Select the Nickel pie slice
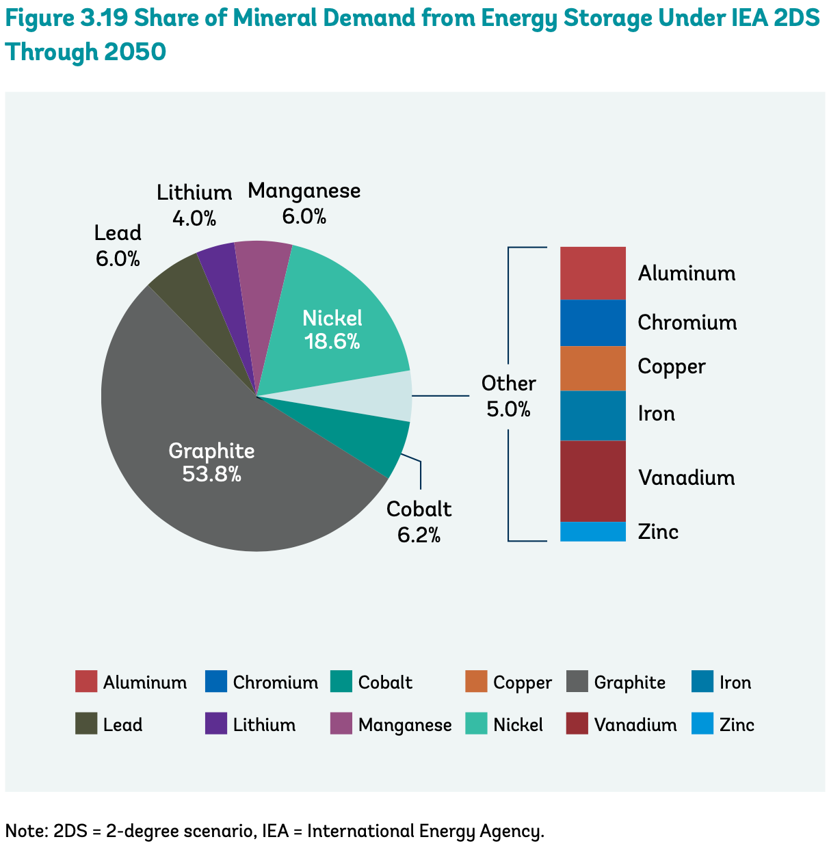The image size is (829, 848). pyautogui.click(x=335, y=321)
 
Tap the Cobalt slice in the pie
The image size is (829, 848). pyautogui.click(x=373, y=438)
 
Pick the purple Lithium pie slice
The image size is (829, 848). pyautogui.click(x=226, y=274)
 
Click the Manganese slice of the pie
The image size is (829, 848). pyautogui.click(x=263, y=267)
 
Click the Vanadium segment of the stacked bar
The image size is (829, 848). pyautogui.click(x=592, y=481)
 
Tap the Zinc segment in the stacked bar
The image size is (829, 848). pyautogui.click(x=592, y=531)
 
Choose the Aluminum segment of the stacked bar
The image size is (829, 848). pyautogui.click(x=592, y=273)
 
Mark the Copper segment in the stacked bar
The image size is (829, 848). pyautogui.click(x=592, y=368)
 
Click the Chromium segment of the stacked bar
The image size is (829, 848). pyautogui.click(x=592, y=322)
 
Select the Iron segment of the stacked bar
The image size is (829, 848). pyautogui.click(x=592, y=415)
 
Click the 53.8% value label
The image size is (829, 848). pyautogui.click(x=211, y=474)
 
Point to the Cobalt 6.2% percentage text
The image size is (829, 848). pyautogui.click(x=419, y=535)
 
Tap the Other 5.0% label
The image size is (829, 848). pyautogui.click(x=508, y=409)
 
